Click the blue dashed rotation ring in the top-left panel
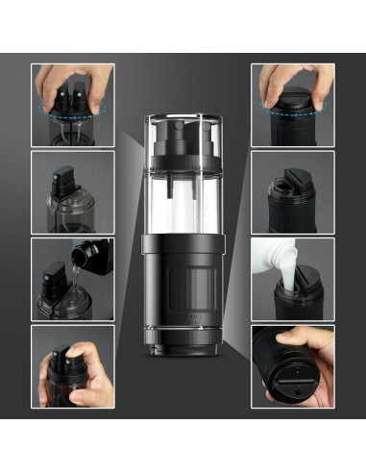[72, 111]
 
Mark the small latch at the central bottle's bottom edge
[183, 350]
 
